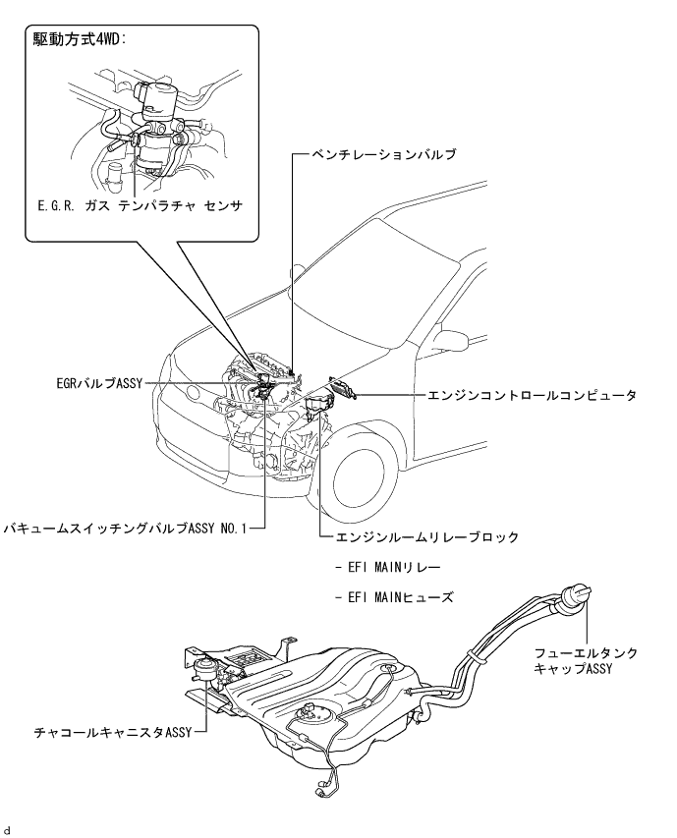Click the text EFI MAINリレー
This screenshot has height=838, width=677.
[388, 569]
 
